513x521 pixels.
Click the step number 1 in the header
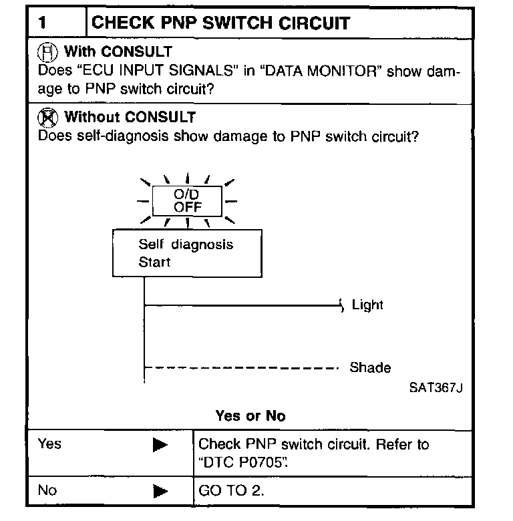(x=43, y=23)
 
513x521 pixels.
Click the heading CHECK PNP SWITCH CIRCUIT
(x=220, y=23)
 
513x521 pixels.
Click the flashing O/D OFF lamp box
(x=187, y=200)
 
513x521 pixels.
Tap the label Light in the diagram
(x=367, y=305)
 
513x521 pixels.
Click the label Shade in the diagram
(x=370, y=367)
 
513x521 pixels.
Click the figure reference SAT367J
(x=436, y=388)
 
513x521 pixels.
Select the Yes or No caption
(x=250, y=416)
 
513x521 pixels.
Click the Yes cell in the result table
(x=49, y=444)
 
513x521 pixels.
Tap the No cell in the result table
(x=47, y=490)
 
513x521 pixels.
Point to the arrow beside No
(x=160, y=492)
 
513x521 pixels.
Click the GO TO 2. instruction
(x=232, y=491)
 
